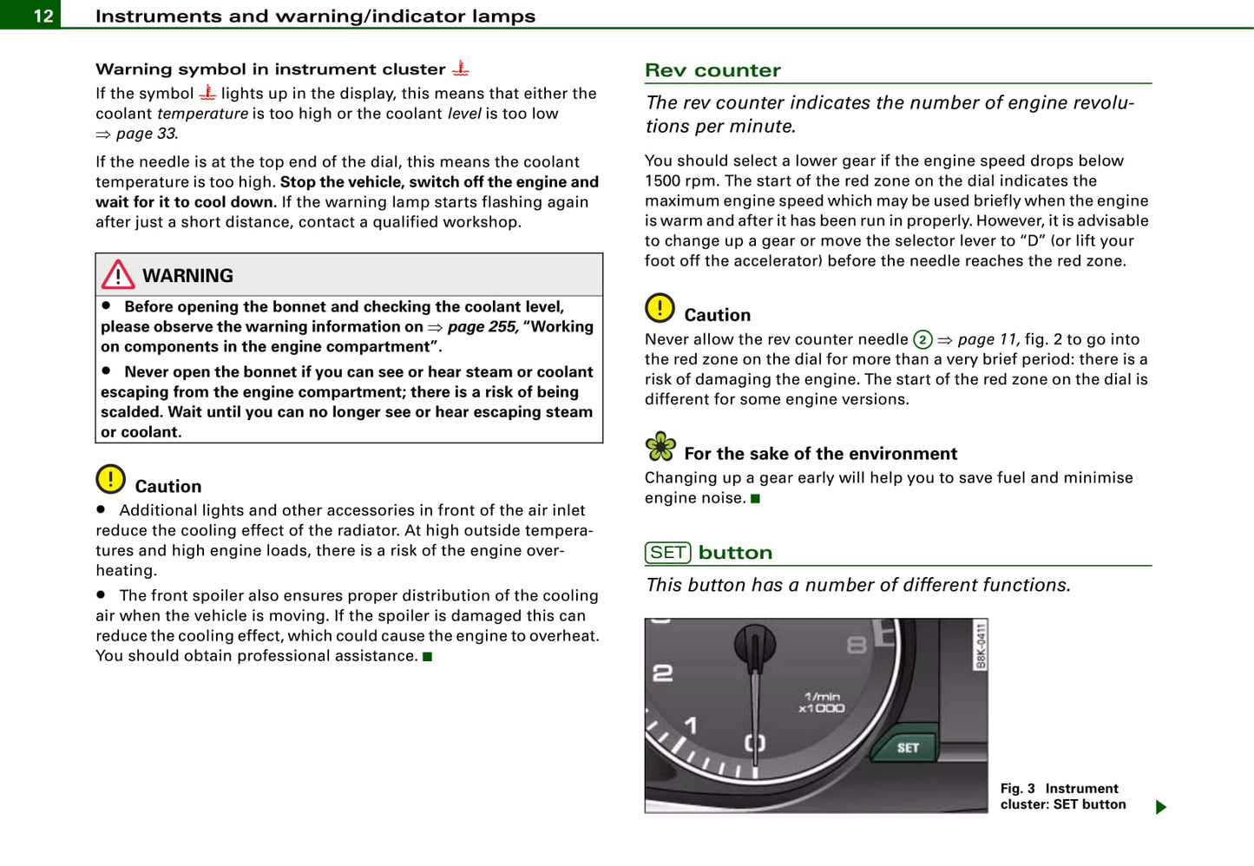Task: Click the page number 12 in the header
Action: pyautogui.click(x=43, y=16)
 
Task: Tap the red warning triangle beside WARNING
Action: pyautogui.click(x=117, y=275)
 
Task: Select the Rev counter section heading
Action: pyautogui.click(x=712, y=70)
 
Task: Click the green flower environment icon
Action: pyautogui.click(x=660, y=447)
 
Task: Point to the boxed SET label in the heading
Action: pyautogui.click(x=667, y=553)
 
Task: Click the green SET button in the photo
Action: pyautogui.click(x=907, y=747)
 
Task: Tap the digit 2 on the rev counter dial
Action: pyautogui.click(x=662, y=672)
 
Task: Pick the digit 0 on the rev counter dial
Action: pyautogui.click(x=755, y=743)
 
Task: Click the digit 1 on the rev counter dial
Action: pyautogui.click(x=691, y=725)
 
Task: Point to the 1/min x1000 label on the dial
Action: pyautogui.click(x=822, y=702)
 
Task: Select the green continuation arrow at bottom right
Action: pyautogui.click(x=1161, y=807)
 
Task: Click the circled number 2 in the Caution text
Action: pyautogui.click(x=922, y=340)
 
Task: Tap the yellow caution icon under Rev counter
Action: pyautogui.click(x=660, y=308)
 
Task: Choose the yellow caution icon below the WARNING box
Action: pyautogui.click(x=110, y=479)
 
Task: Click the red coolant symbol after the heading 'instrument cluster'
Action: pyautogui.click(x=460, y=68)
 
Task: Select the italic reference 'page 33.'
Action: pyautogui.click(x=147, y=134)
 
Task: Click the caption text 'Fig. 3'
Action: pyautogui.click(x=1017, y=788)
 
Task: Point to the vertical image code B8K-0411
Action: pyautogui.click(x=981, y=646)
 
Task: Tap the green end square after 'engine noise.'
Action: pyautogui.click(x=755, y=499)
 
